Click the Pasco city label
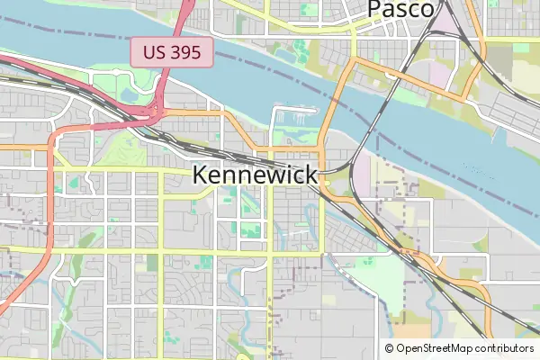tap(401, 10)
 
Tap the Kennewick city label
tap(256, 175)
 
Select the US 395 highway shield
tap(171, 51)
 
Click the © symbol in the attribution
tap(389, 348)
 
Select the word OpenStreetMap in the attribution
tap(436, 348)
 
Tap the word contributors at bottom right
tap(505, 348)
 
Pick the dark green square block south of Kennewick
tap(151, 262)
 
